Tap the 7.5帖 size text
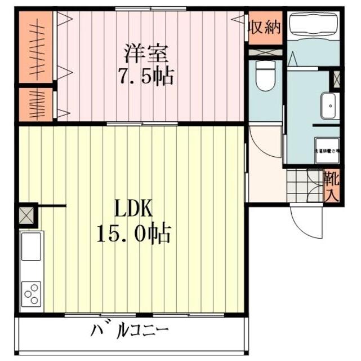click(x=145, y=77)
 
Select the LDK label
click(x=133, y=209)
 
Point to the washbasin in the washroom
click(x=329, y=105)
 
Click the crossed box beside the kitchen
click(x=26, y=214)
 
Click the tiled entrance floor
click(x=304, y=184)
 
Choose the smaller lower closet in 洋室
click(x=35, y=104)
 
